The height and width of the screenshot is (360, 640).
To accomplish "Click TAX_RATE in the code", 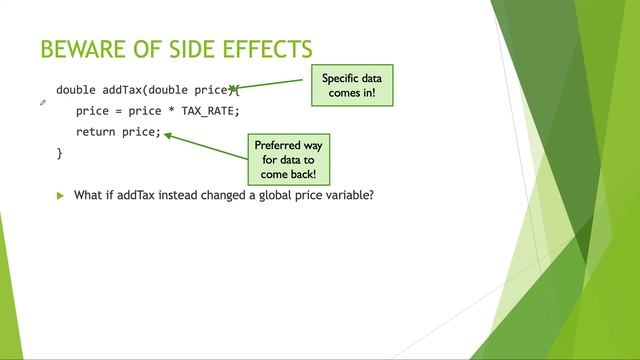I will point(210,111).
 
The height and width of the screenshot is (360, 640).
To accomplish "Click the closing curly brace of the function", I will point(59,153).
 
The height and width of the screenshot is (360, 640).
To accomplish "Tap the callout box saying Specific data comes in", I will point(352,86).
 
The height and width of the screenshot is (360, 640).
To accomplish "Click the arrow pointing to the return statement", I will point(205,146).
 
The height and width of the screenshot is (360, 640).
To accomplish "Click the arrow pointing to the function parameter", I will point(275,85).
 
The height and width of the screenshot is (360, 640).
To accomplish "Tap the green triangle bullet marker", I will point(60,195).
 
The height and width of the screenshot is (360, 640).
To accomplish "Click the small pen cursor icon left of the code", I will point(43,102).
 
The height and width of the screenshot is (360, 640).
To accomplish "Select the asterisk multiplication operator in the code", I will point(171,111).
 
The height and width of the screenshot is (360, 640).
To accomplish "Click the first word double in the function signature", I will point(76,90).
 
